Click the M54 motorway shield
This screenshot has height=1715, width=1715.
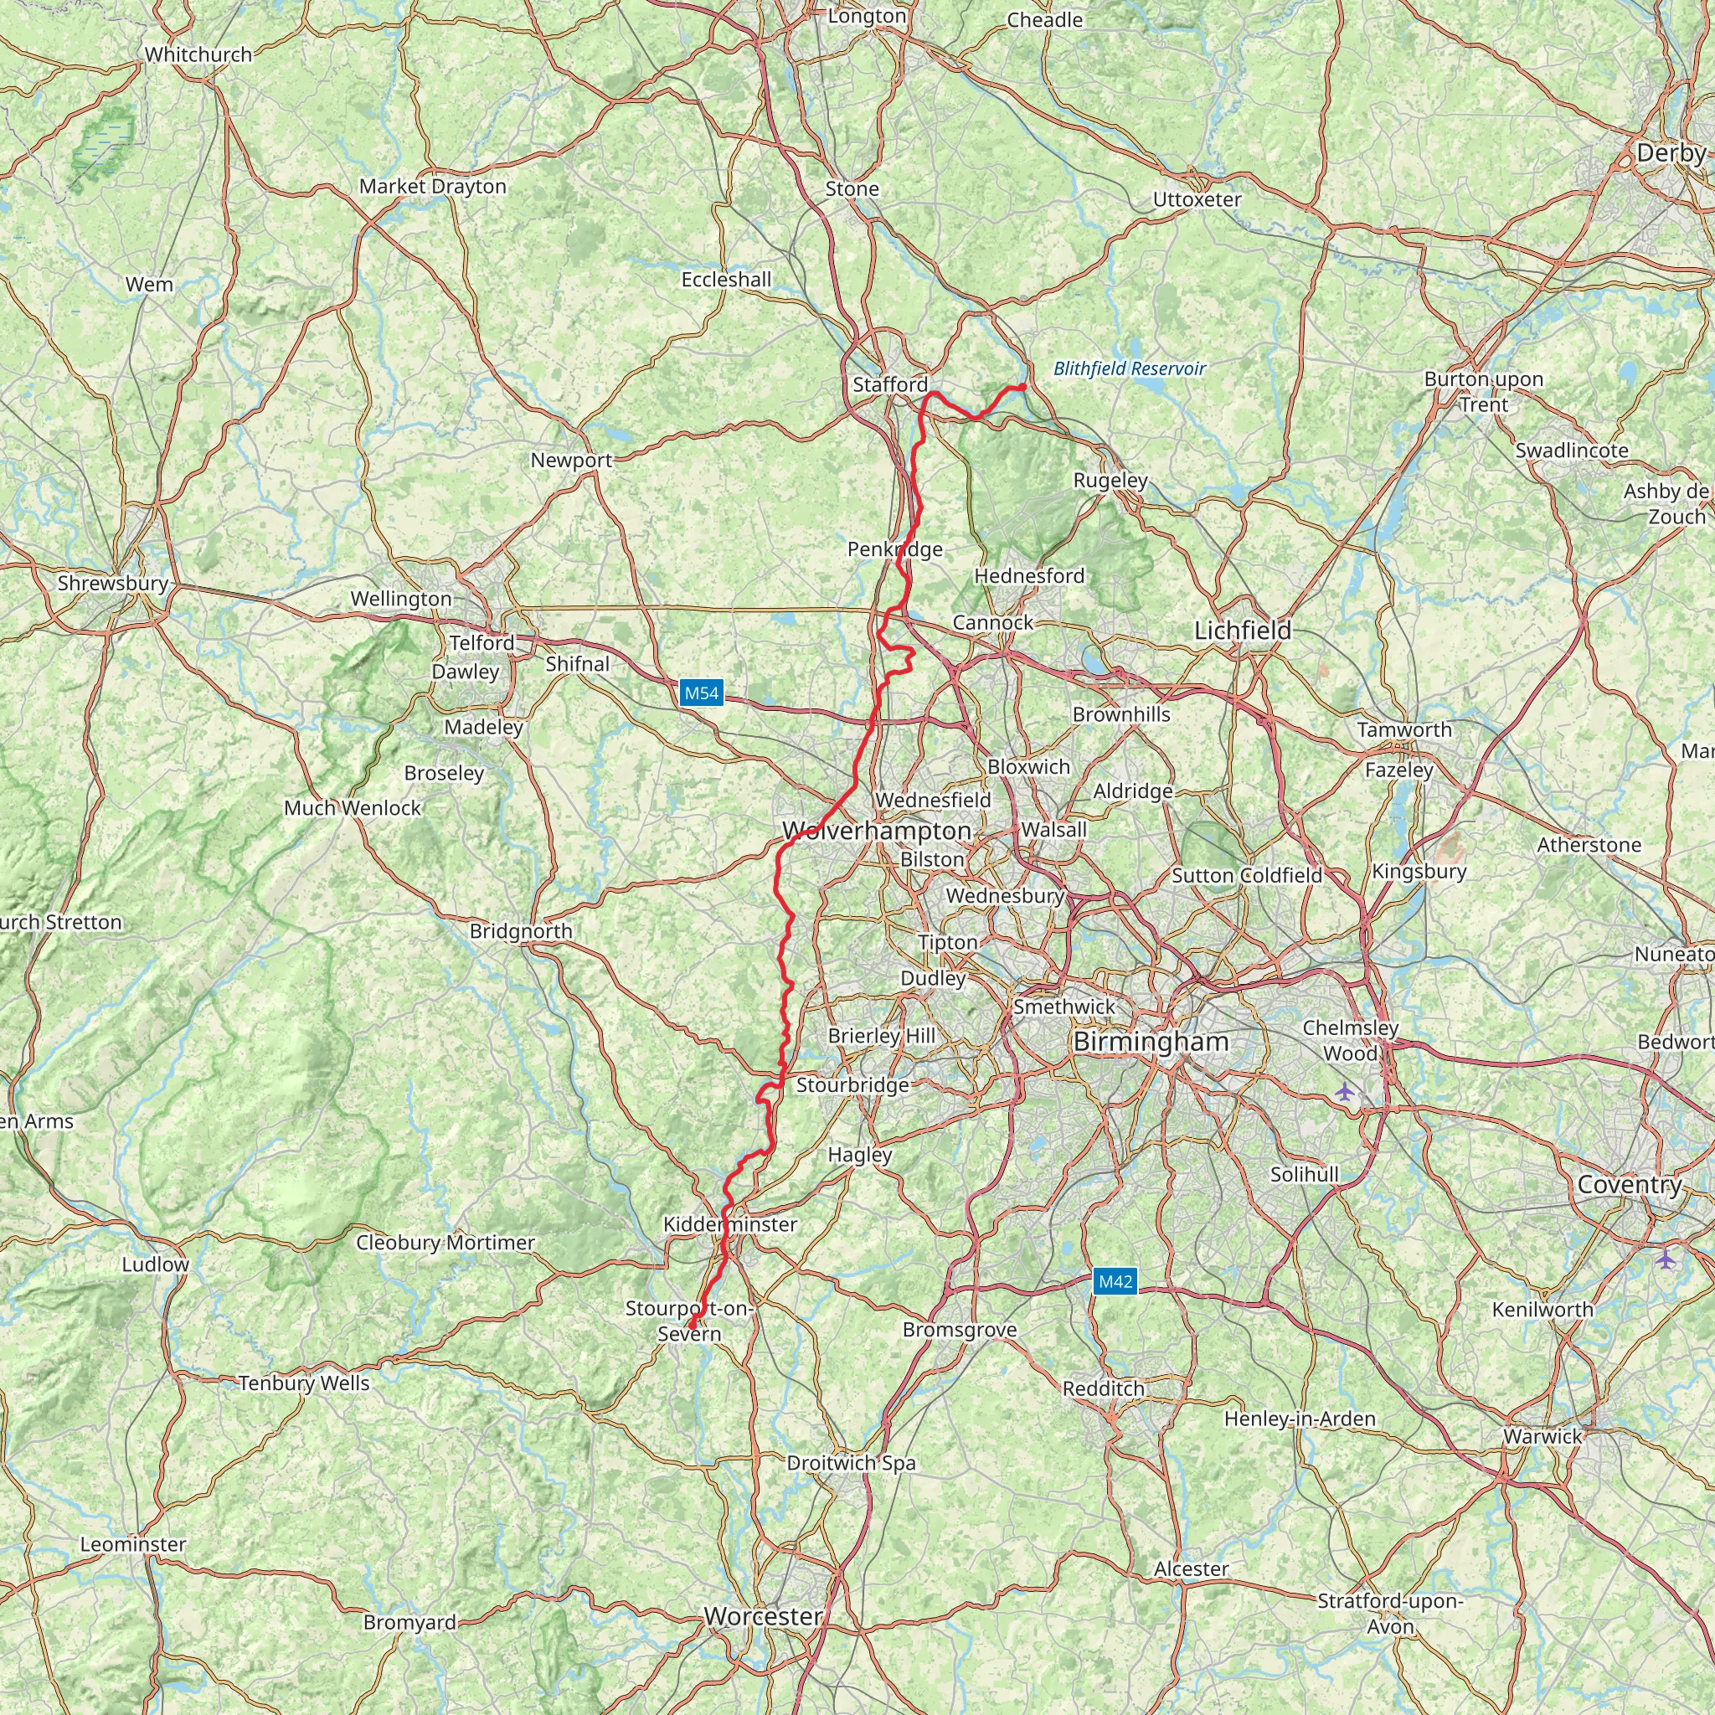click(701, 693)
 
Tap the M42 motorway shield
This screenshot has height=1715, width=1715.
click(1115, 1281)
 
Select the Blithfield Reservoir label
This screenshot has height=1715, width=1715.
click(1129, 368)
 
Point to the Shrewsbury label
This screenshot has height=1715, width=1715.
click(113, 583)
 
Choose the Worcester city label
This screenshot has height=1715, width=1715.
click(764, 1616)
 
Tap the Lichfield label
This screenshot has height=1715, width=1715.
click(1242, 631)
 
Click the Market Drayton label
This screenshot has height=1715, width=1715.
click(432, 187)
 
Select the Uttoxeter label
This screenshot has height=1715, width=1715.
click(1197, 200)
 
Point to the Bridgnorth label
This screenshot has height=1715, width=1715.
click(521, 931)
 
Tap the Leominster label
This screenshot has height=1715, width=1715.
click(133, 1543)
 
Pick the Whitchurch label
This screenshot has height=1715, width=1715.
click(198, 54)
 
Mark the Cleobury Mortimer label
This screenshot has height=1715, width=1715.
click(445, 1242)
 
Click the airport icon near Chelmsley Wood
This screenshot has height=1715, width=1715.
click(1346, 1091)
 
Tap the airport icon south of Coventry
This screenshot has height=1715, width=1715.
click(1666, 1258)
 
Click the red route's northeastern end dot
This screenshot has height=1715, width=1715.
click(1022, 386)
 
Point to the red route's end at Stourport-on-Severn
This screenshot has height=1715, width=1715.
click(690, 1326)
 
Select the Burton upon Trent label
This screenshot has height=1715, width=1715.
click(1483, 391)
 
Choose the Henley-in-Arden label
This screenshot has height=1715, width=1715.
click(1300, 1419)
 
